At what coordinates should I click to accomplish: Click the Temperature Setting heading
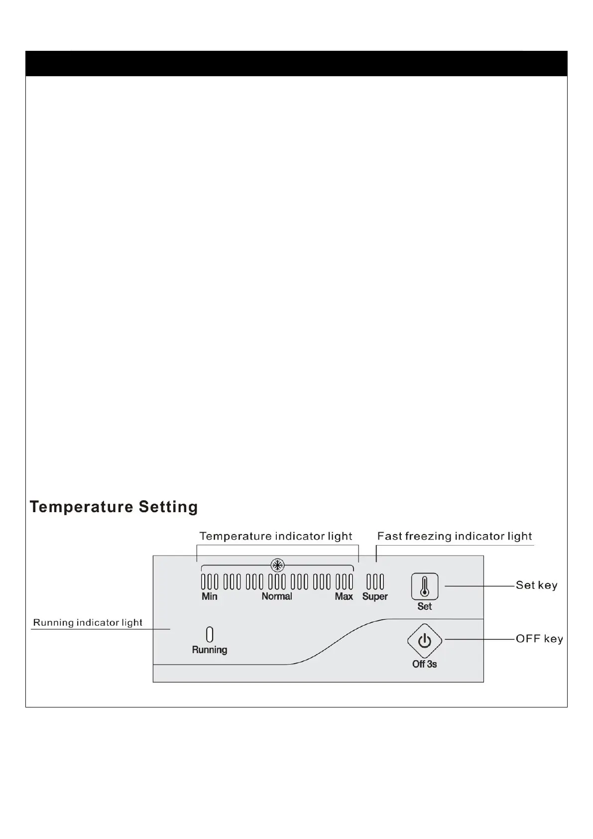coord(114,507)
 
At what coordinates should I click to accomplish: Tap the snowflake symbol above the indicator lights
coord(277,565)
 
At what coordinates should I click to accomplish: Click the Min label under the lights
coord(209,596)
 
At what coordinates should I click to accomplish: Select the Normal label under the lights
coord(277,596)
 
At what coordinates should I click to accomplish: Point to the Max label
coord(344,596)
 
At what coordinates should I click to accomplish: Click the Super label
coord(375,596)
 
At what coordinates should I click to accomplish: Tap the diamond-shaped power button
coord(424,641)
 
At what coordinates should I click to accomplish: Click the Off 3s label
coord(424,664)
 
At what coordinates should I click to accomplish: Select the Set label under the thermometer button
coord(424,606)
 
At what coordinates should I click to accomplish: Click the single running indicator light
coord(210,634)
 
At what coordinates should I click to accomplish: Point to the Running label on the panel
coord(210,650)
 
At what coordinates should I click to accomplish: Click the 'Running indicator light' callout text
coord(88,623)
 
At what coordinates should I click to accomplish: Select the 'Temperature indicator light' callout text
coord(276,537)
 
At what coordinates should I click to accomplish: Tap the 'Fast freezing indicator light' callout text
coord(455,537)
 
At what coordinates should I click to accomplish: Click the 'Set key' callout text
coord(536,585)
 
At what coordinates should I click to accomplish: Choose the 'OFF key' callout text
coord(539,639)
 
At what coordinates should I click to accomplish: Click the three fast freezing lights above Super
coord(375,582)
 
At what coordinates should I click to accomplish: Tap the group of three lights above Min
coord(210,582)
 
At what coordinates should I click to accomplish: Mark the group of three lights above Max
coord(344,582)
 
